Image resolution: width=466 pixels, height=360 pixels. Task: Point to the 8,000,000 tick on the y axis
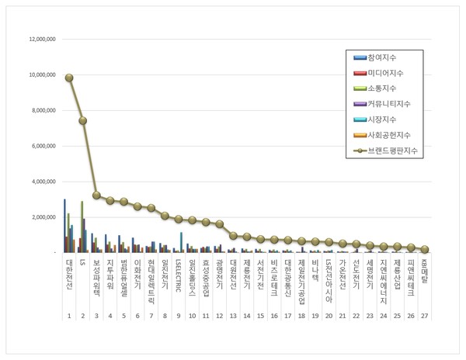41,110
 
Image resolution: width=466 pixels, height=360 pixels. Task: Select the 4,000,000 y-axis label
41,182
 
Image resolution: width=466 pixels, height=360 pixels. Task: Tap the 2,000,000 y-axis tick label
41,217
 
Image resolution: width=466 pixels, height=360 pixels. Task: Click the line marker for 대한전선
69,78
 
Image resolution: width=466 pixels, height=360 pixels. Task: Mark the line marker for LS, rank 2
82,120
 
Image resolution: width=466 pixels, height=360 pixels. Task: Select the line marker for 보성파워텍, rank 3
96,196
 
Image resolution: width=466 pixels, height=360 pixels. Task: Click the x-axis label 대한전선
69,275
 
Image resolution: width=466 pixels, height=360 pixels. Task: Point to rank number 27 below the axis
424,317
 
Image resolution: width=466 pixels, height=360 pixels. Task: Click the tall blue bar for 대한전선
64,225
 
